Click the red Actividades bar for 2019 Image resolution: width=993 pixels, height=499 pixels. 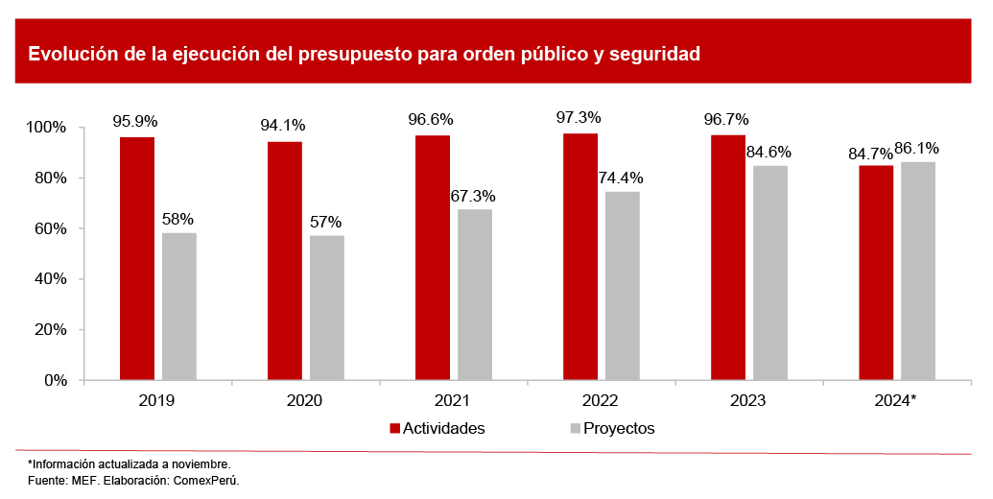pyautogui.click(x=137, y=259)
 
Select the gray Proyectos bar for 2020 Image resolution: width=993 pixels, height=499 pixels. pyautogui.click(x=327, y=308)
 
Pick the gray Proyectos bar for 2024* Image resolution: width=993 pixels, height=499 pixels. pyautogui.click(x=918, y=271)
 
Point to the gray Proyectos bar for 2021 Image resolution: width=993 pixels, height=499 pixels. pyautogui.click(x=475, y=295)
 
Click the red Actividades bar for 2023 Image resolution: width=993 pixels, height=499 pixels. pyautogui.click(x=728, y=258)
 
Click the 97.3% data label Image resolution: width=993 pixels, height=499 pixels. pyautogui.click(x=579, y=118)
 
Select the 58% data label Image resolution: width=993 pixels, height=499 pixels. pyautogui.click(x=178, y=219)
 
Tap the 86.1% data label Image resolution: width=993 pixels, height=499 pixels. pyautogui.click(x=916, y=148)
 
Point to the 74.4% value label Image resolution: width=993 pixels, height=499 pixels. pyautogui.click(x=621, y=178)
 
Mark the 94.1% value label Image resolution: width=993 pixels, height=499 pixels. pyautogui.click(x=283, y=125)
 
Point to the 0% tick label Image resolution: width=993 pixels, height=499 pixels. pyautogui.click(x=54, y=380)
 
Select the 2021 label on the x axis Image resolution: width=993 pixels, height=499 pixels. pyautogui.click(x=452, y=400)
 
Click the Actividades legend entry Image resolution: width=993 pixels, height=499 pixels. pyautogui.click(x=437, y=428)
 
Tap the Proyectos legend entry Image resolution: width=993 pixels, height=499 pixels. pyautogui.click(x=610, y=428)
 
